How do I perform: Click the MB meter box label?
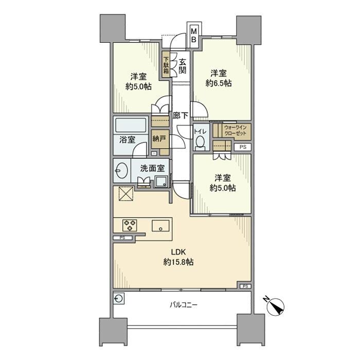point(194,34)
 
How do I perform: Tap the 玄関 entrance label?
point(183,65)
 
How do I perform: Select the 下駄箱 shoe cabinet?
point(167,65)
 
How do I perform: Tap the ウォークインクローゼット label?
point(236,131)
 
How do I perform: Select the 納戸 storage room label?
point(159,138)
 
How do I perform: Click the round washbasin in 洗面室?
point(122,170)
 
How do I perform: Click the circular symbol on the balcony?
point(119,298)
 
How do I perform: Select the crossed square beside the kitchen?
point(125,195)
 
